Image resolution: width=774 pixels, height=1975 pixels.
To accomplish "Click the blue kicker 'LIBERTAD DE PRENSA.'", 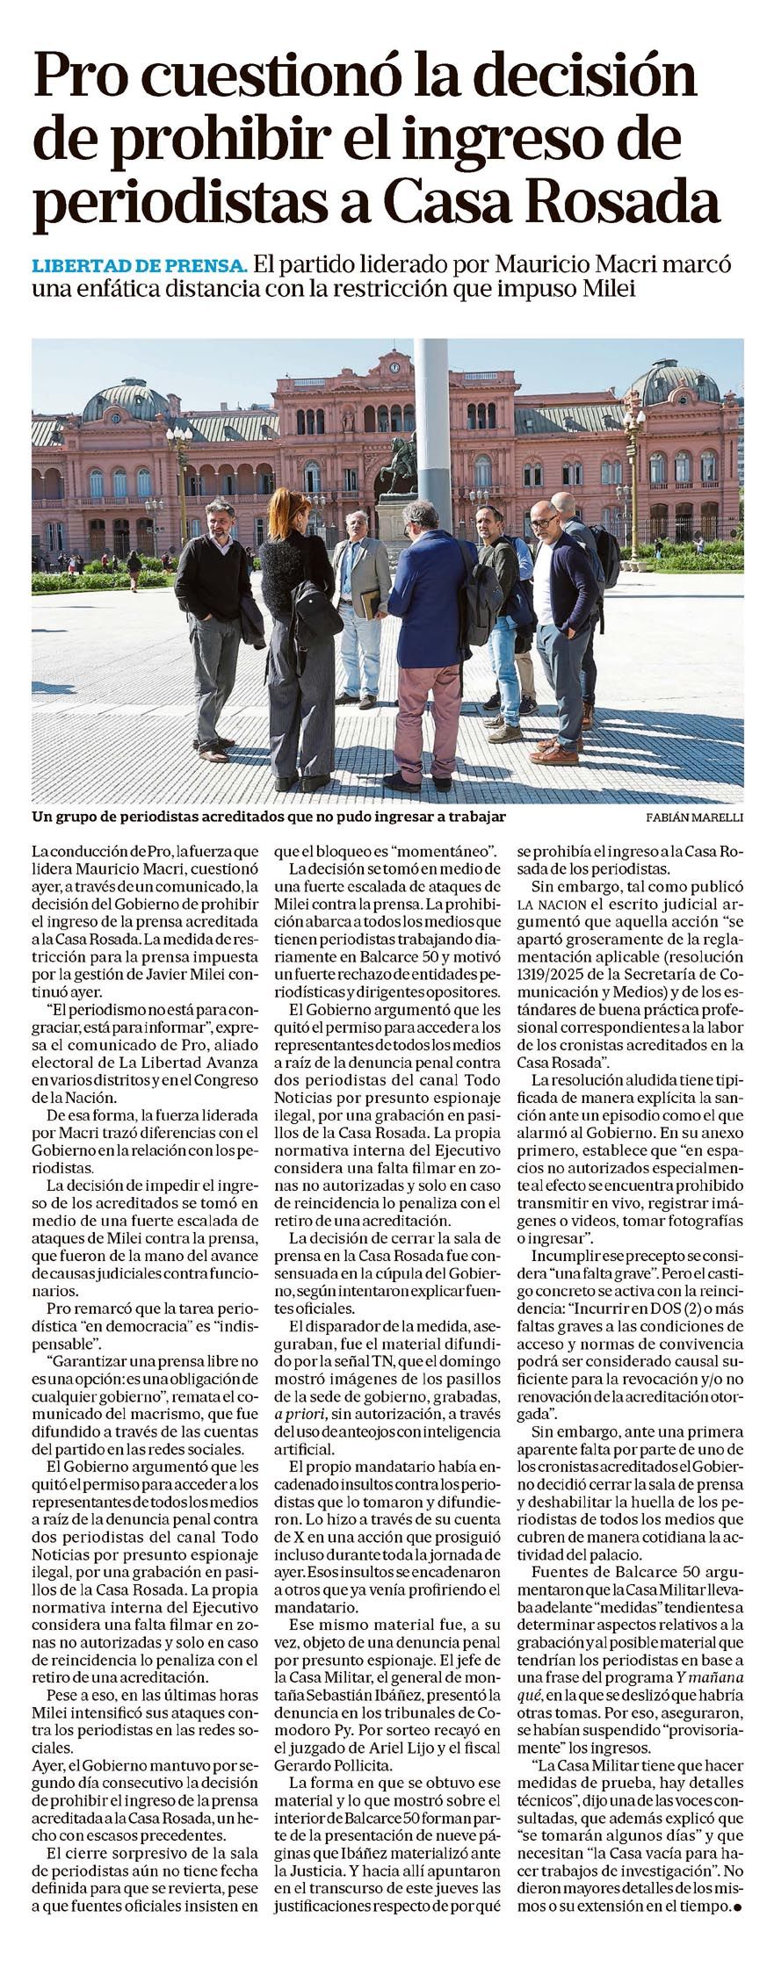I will (139, 265).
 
